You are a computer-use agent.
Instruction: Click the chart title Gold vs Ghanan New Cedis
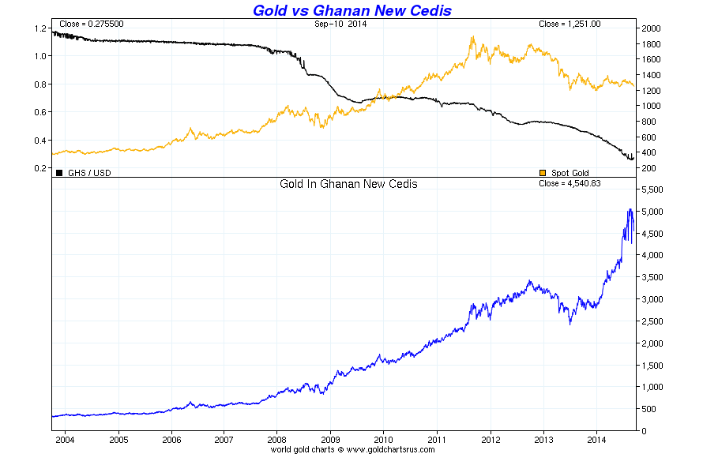click(x=351, y=10)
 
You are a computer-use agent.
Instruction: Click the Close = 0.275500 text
click(x=91, y=24)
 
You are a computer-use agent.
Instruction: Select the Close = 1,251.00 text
click(x=570, y=24)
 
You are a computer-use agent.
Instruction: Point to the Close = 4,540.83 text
click(x=570, y=183)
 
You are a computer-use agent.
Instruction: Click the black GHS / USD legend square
click(x=58, y=173)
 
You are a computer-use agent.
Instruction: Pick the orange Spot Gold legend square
click(x=542, y=173)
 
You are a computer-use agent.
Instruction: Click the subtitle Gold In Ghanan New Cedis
click(x=348, y=184)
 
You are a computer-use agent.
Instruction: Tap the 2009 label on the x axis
click(x=330, y=438)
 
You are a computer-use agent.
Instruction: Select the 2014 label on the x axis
click(x=596, y=438)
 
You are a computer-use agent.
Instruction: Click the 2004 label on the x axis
click(x=65, y=438)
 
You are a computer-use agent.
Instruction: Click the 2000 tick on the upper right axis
click(x=651, y=28)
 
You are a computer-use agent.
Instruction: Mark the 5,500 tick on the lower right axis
click(x=652, y=190)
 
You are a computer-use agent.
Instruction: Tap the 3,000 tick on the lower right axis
click(x=652, y=300)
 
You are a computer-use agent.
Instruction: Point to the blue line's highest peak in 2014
click(x=630, y=209)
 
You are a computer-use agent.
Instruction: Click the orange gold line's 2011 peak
click(x=472, y=36)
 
